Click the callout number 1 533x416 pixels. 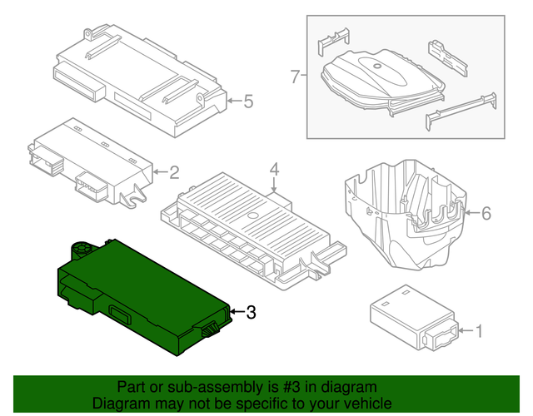478,332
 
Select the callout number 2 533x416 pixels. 174,173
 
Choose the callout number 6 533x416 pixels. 486,214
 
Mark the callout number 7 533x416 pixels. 294,77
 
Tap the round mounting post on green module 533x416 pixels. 82,247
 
